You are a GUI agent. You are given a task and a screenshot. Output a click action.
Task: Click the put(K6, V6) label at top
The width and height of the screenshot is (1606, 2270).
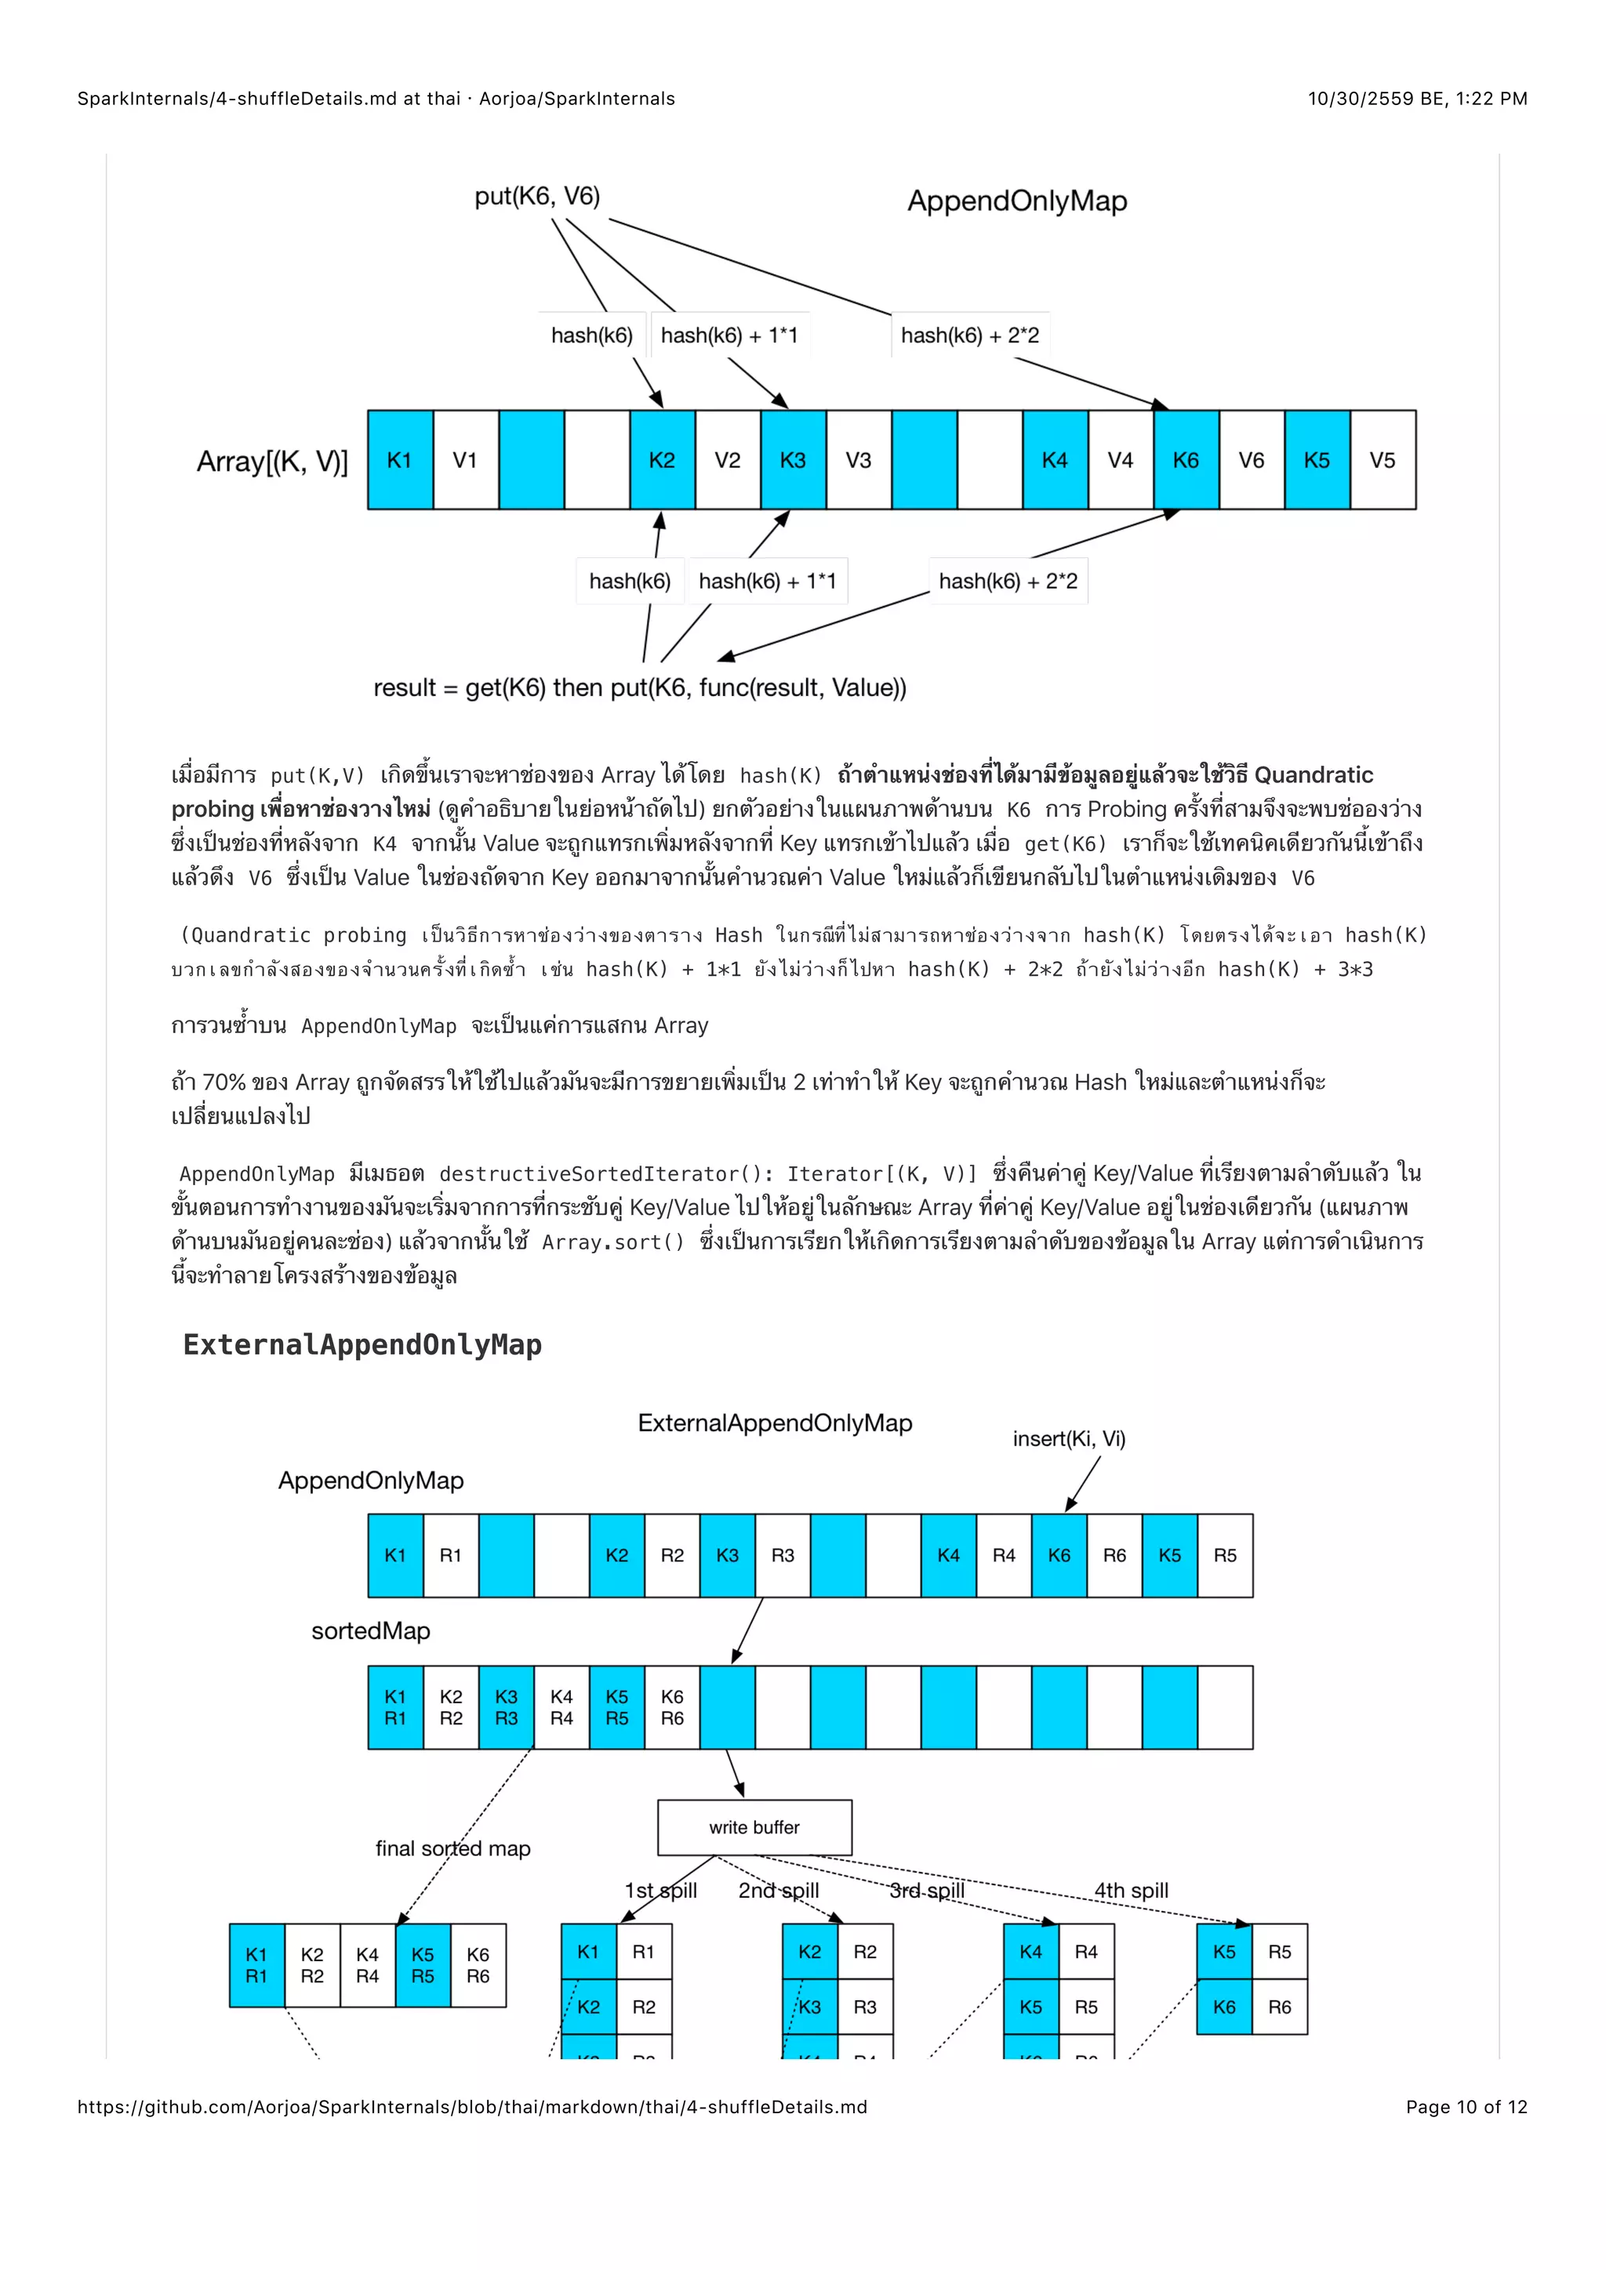pos(537,196)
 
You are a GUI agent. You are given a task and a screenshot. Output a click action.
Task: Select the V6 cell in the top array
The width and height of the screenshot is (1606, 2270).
pos(1251,460)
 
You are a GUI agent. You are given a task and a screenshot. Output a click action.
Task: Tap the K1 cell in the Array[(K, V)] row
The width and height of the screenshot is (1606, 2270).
pos(399,460)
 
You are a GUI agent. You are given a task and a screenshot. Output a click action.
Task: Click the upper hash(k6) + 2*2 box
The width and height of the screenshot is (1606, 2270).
pos(969,335)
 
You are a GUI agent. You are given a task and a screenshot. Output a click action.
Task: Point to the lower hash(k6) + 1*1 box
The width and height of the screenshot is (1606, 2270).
pos(768,582)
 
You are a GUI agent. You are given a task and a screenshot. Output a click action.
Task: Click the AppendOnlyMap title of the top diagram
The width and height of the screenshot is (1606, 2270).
pos(1016,201)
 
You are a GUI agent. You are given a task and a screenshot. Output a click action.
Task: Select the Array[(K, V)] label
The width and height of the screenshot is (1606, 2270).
pos(272,462)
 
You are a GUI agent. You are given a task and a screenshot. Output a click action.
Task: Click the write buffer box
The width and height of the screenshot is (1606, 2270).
pos(754,1827)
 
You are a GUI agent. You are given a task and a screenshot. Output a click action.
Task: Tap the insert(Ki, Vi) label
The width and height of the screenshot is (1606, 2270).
pos(1068,1438)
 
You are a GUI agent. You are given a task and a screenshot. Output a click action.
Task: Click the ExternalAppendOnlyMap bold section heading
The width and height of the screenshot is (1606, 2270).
pos(362,1344)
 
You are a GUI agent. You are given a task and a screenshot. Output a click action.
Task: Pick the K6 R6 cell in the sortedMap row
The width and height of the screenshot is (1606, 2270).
pos(673,1707)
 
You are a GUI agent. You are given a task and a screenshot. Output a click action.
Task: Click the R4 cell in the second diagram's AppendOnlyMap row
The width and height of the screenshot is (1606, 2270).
pos(1004,1555)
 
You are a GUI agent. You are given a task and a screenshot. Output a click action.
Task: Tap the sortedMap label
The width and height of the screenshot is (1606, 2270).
pos(371,1630)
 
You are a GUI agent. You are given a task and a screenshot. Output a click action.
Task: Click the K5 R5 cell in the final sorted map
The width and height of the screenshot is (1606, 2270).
pos(423,1966)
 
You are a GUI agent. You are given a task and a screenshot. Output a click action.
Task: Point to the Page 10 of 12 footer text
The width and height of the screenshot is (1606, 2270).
pos(1466,2107)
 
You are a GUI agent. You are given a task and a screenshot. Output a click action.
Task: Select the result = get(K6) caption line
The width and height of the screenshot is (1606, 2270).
pos(639,687)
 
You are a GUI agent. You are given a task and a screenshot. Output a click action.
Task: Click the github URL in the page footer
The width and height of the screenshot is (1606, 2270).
pos(472,2107)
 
